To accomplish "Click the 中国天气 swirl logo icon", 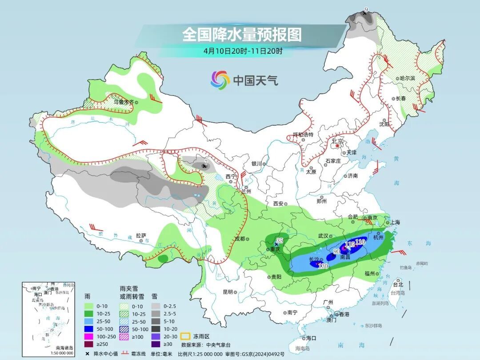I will tap(220, 80).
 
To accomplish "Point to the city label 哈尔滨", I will tap(407, 78).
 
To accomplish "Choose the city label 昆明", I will tap(228, 292).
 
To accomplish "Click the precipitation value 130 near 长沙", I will tap(323, 266).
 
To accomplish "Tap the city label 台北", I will tap(398, 284).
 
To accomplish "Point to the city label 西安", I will tap(278, 204).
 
